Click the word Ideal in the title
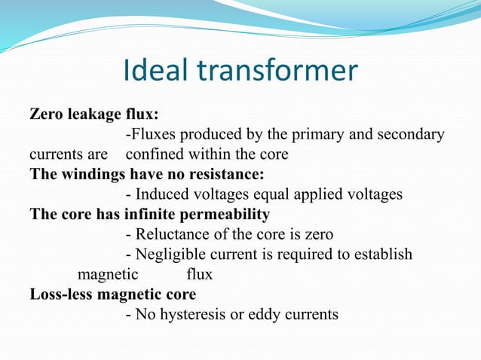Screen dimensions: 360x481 [x=155, y=71]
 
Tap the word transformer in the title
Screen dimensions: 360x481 [x=277, y=71]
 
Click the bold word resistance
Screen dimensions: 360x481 [x=225, y=174]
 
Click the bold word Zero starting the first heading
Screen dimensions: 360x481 [x=45, y=115]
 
